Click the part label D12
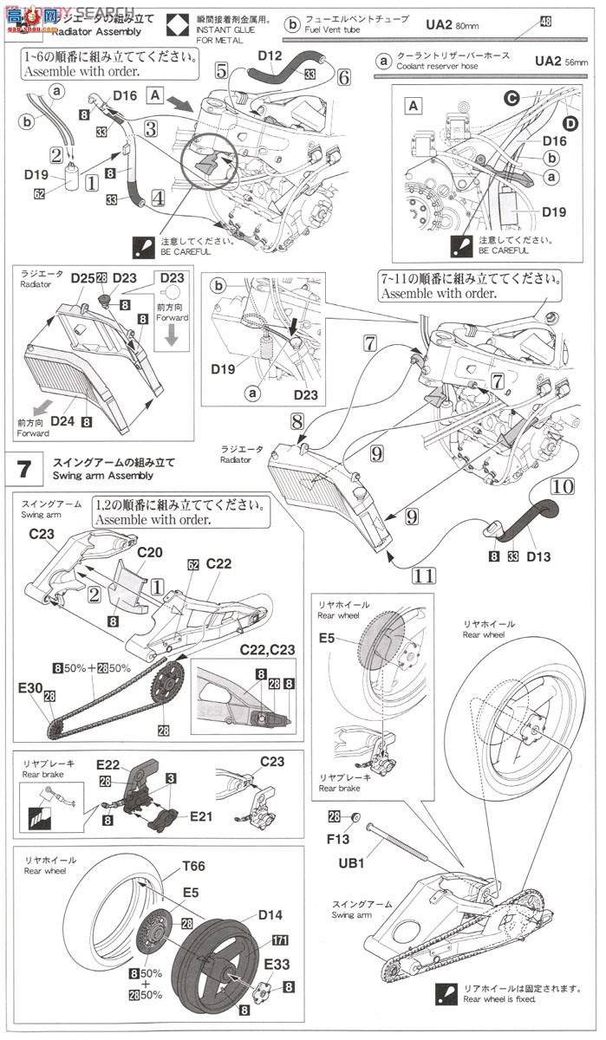270,57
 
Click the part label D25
83,277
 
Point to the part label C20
149,551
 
